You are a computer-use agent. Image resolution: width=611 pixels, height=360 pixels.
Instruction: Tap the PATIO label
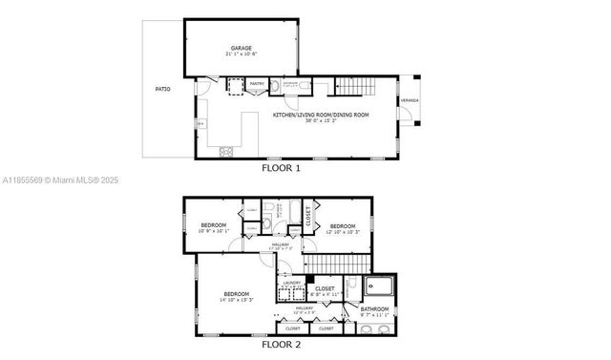(x=162, y=90)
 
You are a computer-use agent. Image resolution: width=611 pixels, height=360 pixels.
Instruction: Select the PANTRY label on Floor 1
(x=256, y=84)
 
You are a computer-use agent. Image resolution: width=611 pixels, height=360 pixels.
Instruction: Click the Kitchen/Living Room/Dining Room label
(x=320, y=115)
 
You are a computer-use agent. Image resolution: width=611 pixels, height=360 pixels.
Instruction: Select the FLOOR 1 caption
(x=281, y=168)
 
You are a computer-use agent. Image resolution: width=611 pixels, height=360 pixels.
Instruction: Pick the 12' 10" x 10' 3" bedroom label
(x=342, y=225)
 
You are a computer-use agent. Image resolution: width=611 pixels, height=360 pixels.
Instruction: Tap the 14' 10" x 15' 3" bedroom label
(x=237, y=293)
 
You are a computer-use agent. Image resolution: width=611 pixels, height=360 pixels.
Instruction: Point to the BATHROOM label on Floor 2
(x=374, y=308)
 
